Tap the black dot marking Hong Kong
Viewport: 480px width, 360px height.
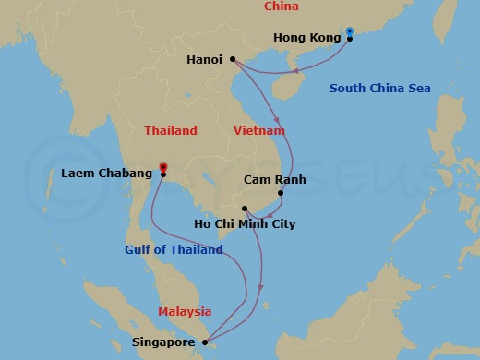tap(350, 39)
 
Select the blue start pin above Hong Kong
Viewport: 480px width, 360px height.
tap(350, 31)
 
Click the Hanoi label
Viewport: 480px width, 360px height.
tap(204, 59)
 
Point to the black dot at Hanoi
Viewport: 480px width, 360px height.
tap(232, 59)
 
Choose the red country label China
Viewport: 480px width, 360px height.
tap(282, 7)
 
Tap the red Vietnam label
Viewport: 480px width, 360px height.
tap(259, 131)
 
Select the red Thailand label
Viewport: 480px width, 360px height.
tap(171, 131)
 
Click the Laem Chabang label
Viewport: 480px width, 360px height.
tap(106, 174)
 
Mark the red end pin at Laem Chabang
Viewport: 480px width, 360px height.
tap(162, 167)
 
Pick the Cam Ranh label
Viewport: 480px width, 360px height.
tap(275, 180)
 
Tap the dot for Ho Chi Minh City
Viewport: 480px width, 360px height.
tap(245, 209)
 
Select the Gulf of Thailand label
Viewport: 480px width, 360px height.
tap(174, 249)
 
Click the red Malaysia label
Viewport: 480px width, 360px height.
tap(185, 312)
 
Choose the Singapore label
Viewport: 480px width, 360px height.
tap(163, 343)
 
